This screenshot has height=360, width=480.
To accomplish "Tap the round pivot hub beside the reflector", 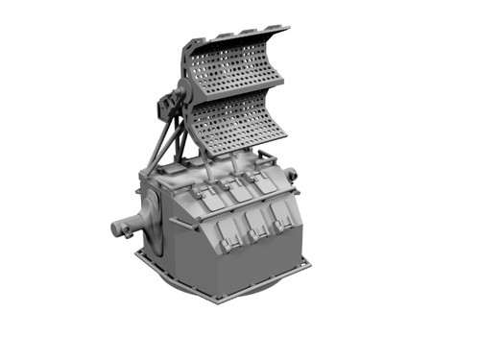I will coord(182,96).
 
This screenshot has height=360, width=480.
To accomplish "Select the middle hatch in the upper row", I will coord(233,189).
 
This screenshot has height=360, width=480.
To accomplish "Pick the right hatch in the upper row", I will coord(260,182).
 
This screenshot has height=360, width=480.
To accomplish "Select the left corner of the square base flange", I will coord(138,253).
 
